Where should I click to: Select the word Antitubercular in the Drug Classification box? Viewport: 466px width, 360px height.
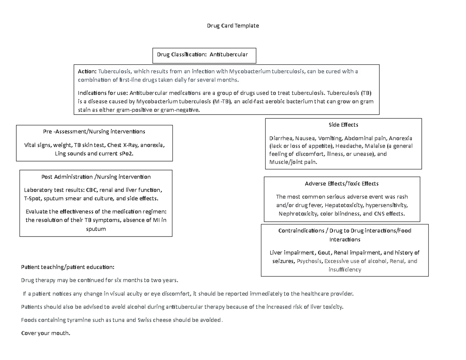coord(228,54)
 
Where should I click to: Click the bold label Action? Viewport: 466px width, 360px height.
coord(87,71)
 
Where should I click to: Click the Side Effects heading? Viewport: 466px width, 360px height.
coord(343,125)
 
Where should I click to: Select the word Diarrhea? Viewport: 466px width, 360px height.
coord(281,138)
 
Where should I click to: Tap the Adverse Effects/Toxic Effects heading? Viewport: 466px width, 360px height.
coord(342,183)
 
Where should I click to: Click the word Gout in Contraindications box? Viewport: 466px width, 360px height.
coord(324,253)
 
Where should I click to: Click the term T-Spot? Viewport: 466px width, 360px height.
coord(33,199)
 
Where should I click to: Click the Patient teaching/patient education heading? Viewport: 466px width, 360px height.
coord(68,268)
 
